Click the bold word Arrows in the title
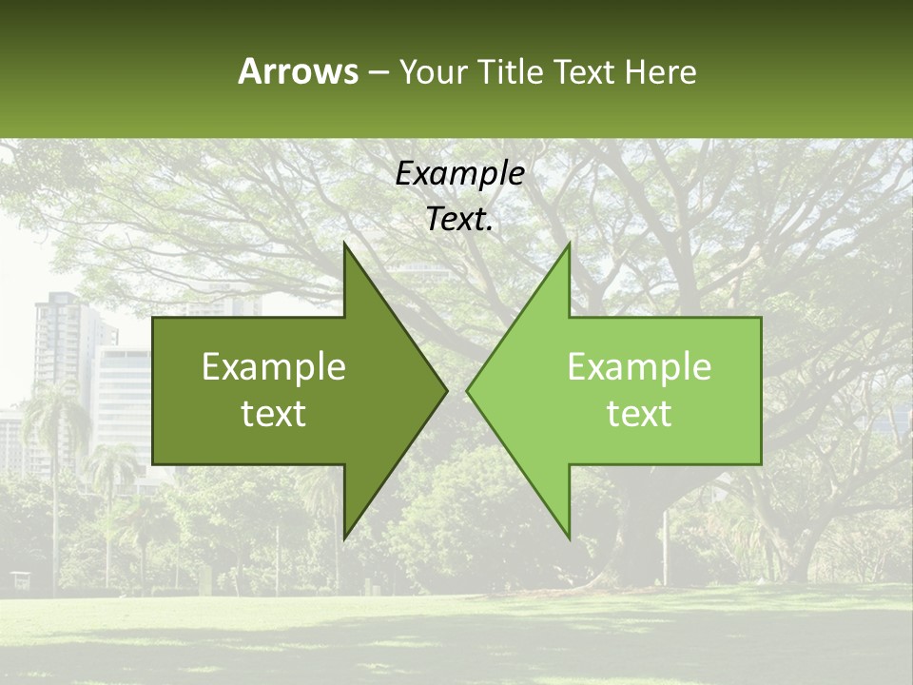coord(299,71)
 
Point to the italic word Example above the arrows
coord(460,174)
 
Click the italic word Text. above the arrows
coord(460,220)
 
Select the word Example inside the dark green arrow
coord(274,366)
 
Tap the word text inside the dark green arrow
coord(274,413)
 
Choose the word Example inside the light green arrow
coord(639,366)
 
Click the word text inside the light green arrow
coord(639,413)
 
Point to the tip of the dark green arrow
coord(446,389)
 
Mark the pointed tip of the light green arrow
coord(468,389)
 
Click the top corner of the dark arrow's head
coord(345,245)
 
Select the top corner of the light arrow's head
coord(569,245)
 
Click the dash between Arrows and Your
coord(378,73)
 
